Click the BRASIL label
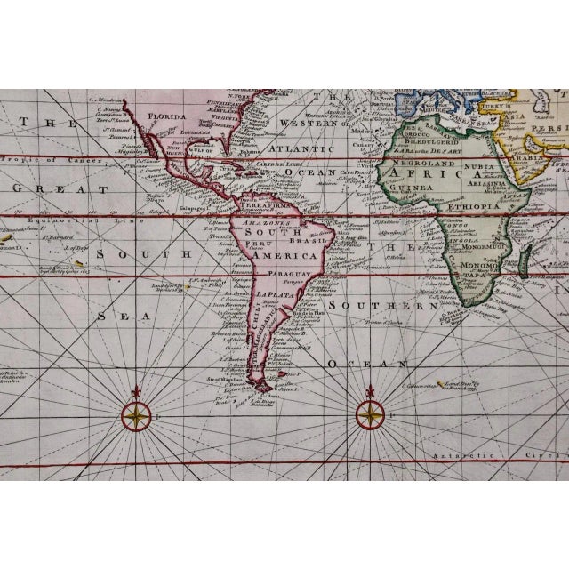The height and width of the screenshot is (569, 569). (293, 240)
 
